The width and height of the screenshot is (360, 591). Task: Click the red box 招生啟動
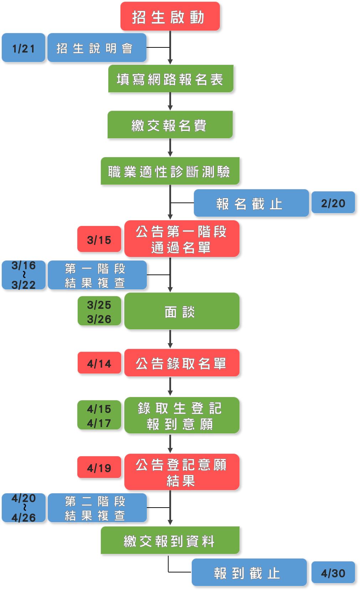(x=170, y=16)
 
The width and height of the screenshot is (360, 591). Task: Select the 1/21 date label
(x=24, y=48)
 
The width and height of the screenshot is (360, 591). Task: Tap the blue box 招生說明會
(x=97, y=48)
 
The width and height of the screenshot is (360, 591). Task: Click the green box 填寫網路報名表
(x=171, y=79)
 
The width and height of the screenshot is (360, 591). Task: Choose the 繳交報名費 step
(x=170, y=125)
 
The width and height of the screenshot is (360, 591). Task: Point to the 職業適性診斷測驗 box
(x=170, y=171)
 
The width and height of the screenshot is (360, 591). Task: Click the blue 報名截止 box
(x=251, y=203)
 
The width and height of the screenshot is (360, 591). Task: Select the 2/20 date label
(x=333, y=203)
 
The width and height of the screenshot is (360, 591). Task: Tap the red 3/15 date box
(x=99, y=239)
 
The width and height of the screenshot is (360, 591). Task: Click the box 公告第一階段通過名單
(x=181, y=239)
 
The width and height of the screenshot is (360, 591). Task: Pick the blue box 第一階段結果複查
(x=97, y=275)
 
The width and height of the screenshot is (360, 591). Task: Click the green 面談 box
(x=181, y=311)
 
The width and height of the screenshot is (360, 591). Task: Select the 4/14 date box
(x=99, y=363)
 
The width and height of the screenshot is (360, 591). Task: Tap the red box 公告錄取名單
(x=181, y=363)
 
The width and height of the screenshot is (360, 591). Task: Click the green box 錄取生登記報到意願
(x=181, y=415)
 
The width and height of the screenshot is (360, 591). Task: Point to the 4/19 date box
(x=99, y=467)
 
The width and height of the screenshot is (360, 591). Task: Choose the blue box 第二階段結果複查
(x=97, y=508)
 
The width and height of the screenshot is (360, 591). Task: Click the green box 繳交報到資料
(x=170, y=540)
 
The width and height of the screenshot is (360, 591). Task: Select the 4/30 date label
(x=333, y=572)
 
